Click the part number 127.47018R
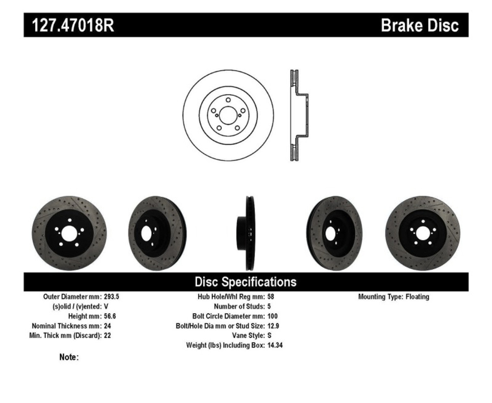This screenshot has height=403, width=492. tap(73, 25)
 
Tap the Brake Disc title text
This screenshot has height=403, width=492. tap(419, 25)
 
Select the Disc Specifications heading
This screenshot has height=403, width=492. tap(246, 282)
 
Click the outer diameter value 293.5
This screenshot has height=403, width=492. tap(111, 297)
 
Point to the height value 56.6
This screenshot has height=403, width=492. tap(110, 316)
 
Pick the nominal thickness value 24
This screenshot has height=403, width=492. tap(108, 326)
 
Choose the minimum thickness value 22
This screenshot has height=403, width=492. tap(108, 335)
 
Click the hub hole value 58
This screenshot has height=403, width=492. tap(271, 297)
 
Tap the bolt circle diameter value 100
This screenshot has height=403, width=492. tap(273, 316)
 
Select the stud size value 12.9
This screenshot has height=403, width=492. tap(273, 326)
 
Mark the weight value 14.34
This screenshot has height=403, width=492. tap(275, 345)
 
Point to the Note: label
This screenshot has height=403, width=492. tap(69, 357)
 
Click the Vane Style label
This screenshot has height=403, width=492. tap(248, 335)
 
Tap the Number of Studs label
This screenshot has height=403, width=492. tap(239, 306)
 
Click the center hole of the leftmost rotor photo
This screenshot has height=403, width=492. tap(70, 233)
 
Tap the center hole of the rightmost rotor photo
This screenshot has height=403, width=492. tap(422, 233)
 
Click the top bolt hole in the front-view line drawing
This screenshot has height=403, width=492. tap(228, 100)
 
